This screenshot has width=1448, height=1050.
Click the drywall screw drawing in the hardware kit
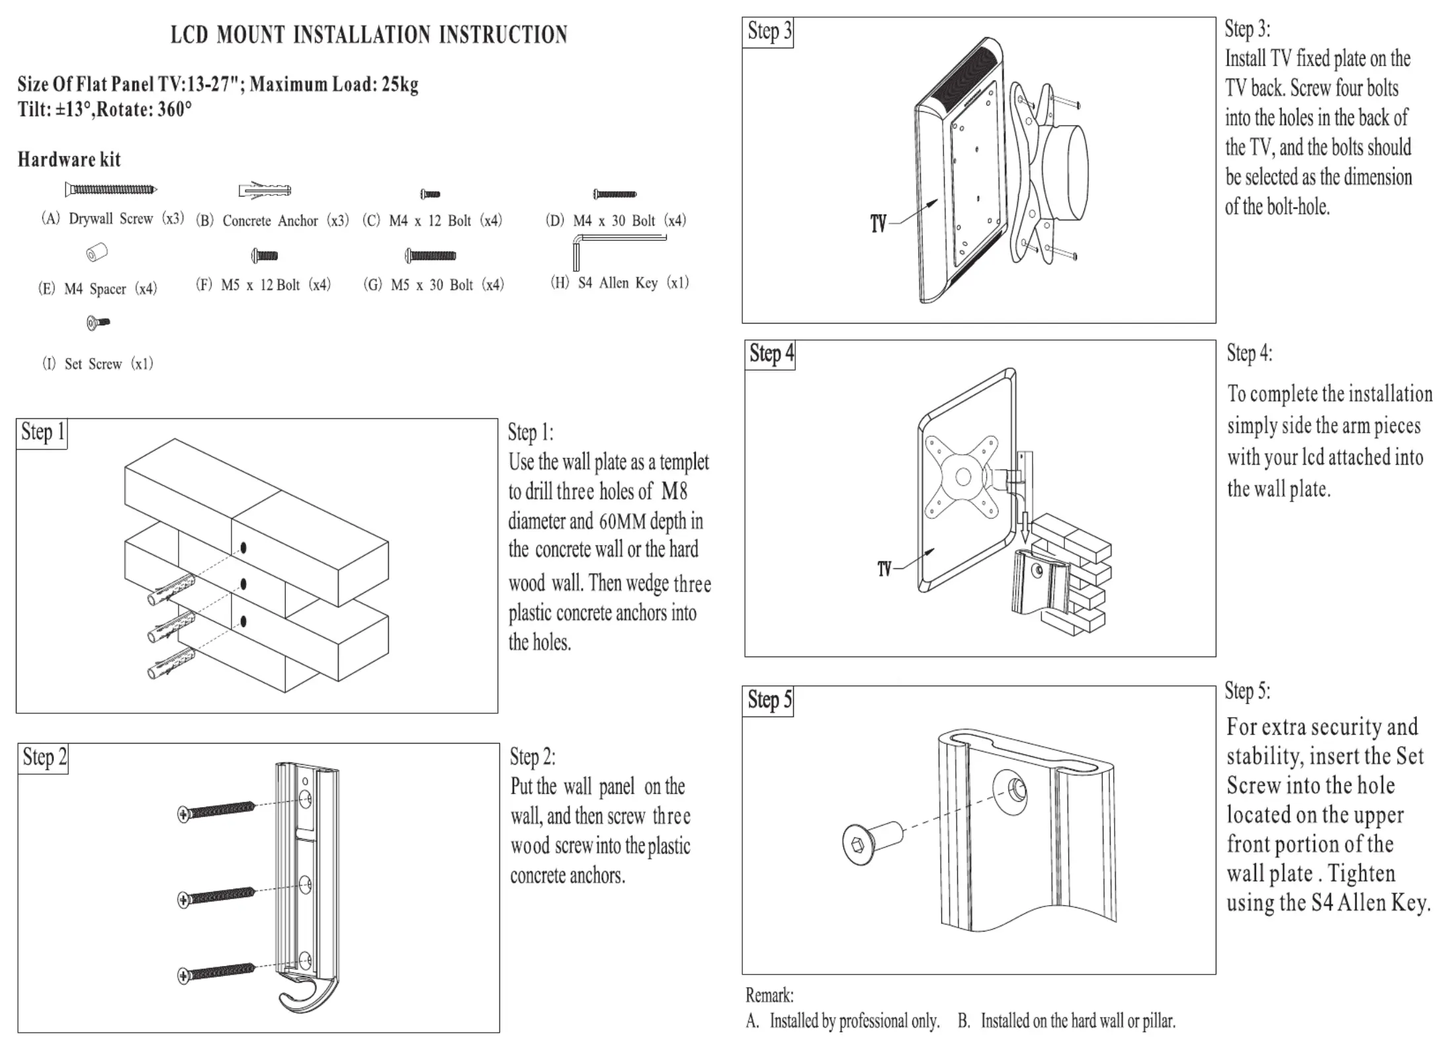tap(110, 190)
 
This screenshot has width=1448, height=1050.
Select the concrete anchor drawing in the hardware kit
tap(265, 191)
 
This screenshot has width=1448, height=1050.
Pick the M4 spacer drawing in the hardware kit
tap(97, 253)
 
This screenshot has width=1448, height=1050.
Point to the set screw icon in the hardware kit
tap(98, 323)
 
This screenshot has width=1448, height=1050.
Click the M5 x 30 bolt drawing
tap(431, 255)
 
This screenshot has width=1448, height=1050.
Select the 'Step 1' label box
tap(42, 433)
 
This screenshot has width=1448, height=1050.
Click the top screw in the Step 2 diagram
tap(216, 810)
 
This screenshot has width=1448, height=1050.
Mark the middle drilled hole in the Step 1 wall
tap(243, 584)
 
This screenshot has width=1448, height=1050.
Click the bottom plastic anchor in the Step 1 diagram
tap(171, 664)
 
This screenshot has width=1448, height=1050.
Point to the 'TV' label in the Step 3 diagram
tap(878, 224)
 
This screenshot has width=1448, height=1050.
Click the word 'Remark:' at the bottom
tap(769, 995)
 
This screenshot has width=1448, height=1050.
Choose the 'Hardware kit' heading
tap(69, 159)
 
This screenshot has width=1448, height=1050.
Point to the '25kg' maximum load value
tap(400, 85)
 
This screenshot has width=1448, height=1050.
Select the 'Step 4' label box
tap(771, 355)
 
